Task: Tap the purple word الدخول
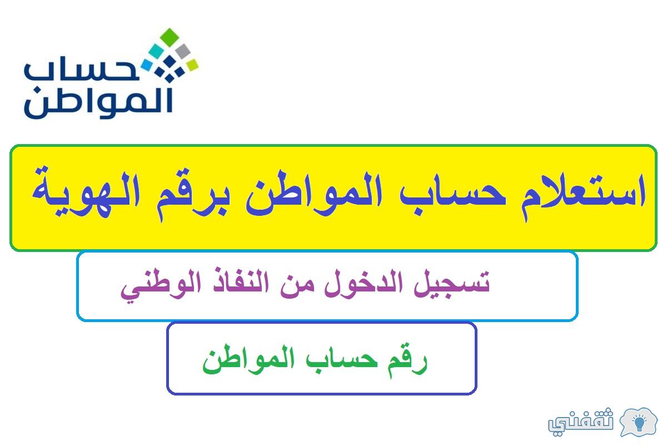pos(364,281)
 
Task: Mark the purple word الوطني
pos(161,285)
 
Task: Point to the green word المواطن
pos(248,359)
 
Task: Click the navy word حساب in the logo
pos(82,68)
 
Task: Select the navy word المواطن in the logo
pos(98,102)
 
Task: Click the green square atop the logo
pos(170,37)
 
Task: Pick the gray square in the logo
pos(183,51)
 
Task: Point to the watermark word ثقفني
pos(581,421)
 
